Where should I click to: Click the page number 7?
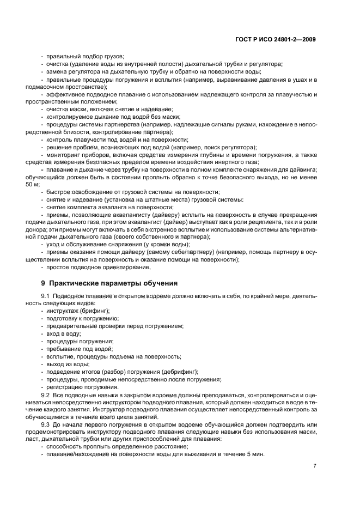(315, 465)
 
